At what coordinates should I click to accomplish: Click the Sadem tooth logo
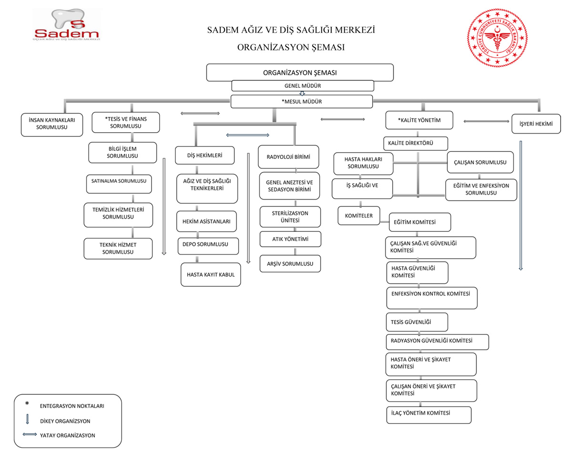tap(66, 24)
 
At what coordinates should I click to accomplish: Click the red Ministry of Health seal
tap(497, 38)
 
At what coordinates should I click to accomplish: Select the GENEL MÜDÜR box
tap(303, 86)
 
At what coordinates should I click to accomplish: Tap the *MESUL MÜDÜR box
tap(302, 102)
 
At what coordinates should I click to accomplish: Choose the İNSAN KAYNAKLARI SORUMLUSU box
tap(52, 125)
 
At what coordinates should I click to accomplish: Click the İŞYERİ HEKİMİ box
tap(536, 124)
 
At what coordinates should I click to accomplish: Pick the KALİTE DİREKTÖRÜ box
tap(416, 143)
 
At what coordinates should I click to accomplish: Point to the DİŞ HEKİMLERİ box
tap(204, 155)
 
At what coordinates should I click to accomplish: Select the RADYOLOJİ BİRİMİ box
tap(288, 157)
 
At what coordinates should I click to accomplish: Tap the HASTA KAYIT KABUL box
tap(211, 274)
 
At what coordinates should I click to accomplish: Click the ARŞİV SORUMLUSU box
tap(290, 263)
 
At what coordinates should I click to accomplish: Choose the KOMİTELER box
tap(359, 216)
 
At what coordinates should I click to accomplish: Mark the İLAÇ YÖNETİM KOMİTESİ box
tap(429, 415)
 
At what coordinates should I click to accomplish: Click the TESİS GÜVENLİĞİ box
tap(417, 322)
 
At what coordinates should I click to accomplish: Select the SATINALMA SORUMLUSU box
tap(119, 184)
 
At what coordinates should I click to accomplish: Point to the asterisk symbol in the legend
tap(27, 404)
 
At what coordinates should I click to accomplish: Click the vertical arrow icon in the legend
tap(27, 419)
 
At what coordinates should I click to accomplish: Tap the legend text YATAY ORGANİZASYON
tap(68, 436)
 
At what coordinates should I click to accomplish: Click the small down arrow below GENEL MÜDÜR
tap(302, 93)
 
